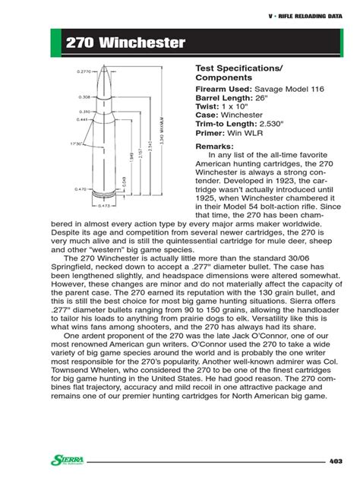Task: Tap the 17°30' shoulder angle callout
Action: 76,143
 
